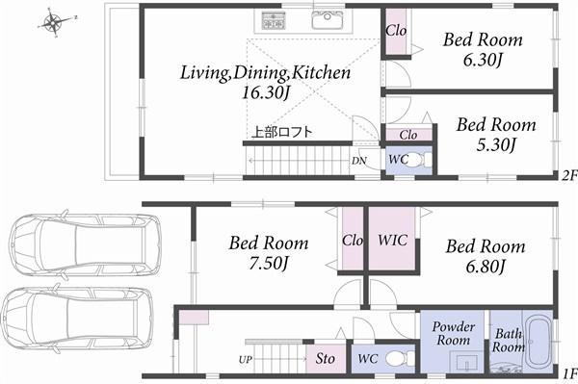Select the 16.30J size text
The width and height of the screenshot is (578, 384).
266,92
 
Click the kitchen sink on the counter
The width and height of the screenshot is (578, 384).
328,19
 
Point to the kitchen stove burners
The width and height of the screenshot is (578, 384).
273,19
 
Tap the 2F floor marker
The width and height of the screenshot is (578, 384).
568,175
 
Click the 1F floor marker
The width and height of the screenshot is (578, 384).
568,373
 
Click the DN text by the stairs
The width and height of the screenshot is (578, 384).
358,161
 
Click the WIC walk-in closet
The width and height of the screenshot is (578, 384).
392,239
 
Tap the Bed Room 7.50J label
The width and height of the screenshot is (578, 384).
269,252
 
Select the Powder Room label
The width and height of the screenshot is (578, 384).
453,334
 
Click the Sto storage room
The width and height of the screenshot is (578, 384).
326,359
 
